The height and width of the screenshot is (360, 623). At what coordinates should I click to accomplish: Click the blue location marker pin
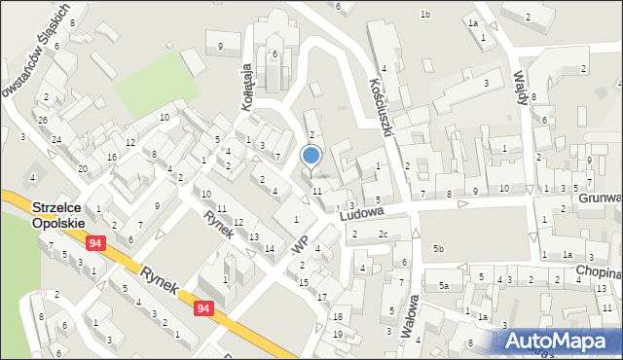[311, 156]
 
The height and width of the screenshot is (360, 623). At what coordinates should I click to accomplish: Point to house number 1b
[424, 14]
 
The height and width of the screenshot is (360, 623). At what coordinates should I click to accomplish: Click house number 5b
[439, 250]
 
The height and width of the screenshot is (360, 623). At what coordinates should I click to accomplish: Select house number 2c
[384, 234]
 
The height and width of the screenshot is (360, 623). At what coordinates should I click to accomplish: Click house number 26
[43, 121]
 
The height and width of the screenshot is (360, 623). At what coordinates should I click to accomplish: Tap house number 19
[337, 335]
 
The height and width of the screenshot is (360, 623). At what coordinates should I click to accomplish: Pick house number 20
[83, 169]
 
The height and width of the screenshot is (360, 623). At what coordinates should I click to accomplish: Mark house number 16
[113, 157]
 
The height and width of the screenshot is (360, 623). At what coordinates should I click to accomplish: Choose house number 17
[322, 296]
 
